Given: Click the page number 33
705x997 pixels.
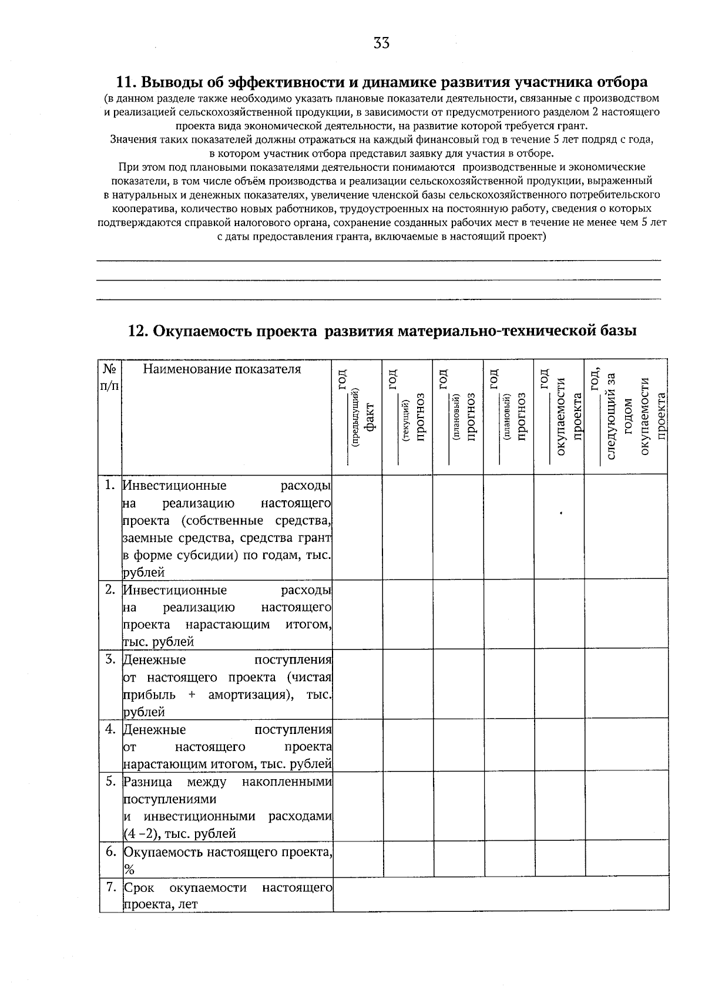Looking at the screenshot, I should pos(381,43).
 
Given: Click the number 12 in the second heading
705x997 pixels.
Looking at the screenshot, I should pos(138,331).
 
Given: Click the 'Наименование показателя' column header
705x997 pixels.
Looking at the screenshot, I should pos(222,369).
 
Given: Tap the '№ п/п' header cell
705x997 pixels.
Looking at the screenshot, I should pos(110,377).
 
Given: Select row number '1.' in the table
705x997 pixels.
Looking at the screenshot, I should pos(109,485).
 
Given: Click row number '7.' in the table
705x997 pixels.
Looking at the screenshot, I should pos(109,887).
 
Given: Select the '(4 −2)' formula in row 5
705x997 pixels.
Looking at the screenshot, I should pos(141,834).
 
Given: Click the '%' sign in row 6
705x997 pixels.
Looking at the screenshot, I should pos(129,870).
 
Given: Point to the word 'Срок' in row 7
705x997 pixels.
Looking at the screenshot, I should pos(139,887).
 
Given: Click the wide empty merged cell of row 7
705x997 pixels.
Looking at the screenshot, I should pos(501,894).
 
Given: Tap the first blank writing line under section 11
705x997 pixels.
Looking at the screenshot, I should pos(378,260).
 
